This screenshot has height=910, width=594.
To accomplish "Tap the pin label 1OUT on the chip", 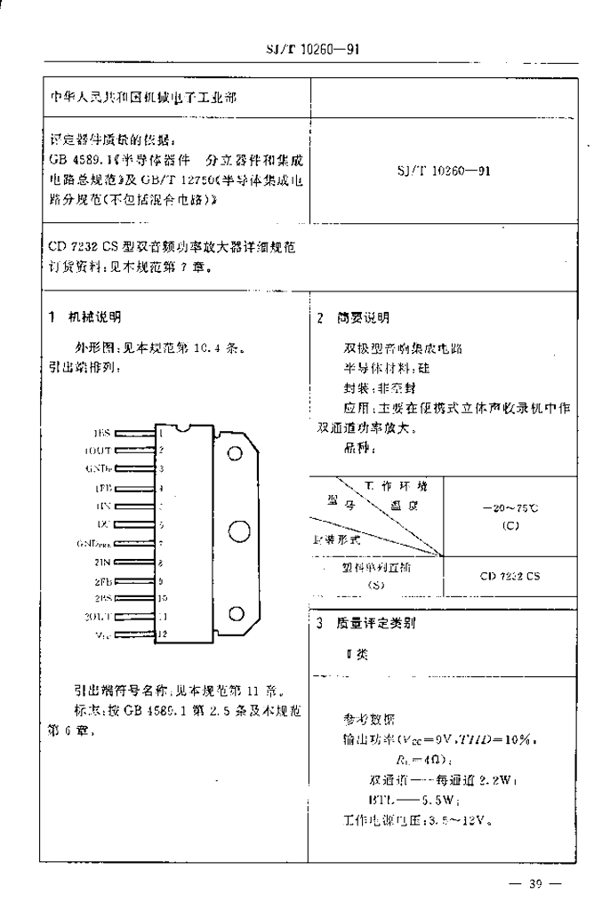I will click(97, 450).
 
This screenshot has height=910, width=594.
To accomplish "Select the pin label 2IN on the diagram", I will click(100, 563).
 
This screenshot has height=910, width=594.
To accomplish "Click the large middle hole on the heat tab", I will click(237, 531).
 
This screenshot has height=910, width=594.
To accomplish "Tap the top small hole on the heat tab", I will click(235, 453).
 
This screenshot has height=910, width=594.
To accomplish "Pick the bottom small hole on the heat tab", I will click(236, 613).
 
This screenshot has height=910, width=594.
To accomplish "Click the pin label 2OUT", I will click(97, 615).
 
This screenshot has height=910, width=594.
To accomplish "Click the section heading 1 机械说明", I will click(85, 316).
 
